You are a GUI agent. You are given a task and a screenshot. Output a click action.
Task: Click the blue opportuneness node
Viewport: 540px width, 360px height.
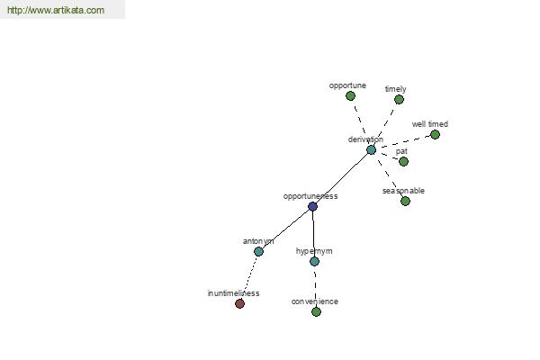312,206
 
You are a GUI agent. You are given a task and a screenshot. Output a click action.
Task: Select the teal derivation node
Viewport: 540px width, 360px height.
371,150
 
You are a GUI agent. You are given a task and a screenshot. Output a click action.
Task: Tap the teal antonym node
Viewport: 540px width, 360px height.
258,251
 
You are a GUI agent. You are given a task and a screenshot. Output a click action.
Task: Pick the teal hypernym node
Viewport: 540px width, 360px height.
314,261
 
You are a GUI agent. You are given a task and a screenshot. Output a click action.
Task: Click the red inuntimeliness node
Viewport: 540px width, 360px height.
239,303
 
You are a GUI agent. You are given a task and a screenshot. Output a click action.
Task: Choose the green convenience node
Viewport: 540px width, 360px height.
316,311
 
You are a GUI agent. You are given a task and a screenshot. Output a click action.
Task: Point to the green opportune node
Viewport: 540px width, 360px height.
350,95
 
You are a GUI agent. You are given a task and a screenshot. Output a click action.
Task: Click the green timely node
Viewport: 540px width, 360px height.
399,100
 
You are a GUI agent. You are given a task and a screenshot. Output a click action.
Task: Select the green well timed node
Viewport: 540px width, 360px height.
435,134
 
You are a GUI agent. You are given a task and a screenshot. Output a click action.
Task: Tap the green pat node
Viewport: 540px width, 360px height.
403,161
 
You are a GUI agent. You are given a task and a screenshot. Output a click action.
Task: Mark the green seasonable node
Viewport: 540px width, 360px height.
405,201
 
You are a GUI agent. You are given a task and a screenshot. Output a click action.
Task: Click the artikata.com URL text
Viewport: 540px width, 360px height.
56,10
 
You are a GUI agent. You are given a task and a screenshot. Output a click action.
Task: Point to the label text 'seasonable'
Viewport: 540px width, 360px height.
403,191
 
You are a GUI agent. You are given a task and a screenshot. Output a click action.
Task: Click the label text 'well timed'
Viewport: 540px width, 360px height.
430,124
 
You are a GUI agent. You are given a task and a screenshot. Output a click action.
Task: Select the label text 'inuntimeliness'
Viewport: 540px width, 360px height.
233,293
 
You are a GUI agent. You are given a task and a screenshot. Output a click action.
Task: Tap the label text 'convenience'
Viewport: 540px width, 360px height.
315,301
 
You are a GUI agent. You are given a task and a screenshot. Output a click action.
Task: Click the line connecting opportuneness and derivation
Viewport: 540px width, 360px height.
342,178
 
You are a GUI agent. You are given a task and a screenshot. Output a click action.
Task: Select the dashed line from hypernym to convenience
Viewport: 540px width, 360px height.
315,285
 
